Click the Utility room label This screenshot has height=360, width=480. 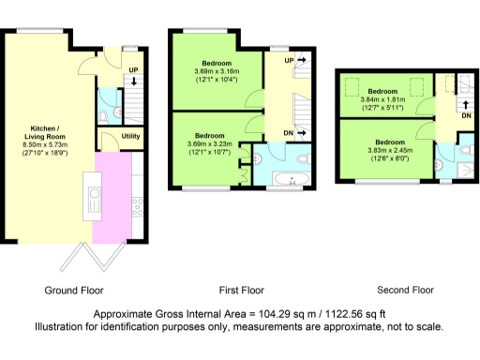click(x=131, y=137)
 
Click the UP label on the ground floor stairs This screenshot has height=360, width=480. click(x=132, y=70)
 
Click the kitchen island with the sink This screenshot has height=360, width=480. click(x=95, y=199)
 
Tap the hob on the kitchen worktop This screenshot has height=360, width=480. click(x=137, y=202)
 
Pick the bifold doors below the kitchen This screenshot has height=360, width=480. click(x=97, y=254)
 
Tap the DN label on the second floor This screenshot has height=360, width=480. click(x=465, y=115)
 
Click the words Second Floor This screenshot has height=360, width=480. click(x=405, y=290)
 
